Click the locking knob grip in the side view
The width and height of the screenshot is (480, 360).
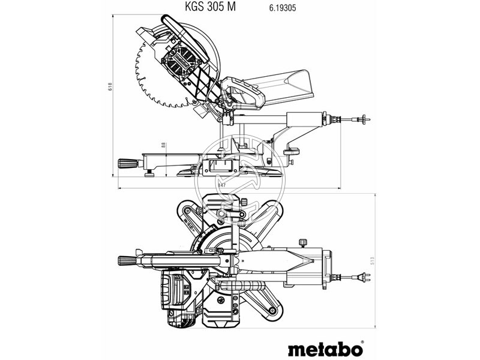(x=127, y=163)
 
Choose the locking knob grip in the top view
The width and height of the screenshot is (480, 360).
(x=127, y=260)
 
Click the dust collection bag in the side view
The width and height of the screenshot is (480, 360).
(x=282, y=84)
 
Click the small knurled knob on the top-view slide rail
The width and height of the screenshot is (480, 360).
(x=302, y=242)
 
